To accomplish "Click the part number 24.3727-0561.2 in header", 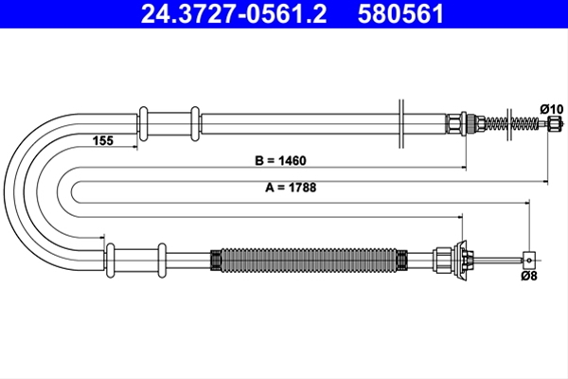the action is (234, 14).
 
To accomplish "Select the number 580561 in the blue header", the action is (400, 14).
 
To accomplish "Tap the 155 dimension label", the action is (103, 140).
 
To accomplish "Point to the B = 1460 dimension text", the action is (280, 160).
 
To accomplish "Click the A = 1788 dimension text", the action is (291, 188).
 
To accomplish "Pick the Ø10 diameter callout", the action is (552, 109).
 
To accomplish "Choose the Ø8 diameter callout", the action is (529, 276).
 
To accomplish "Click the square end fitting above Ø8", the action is (529, 260).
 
